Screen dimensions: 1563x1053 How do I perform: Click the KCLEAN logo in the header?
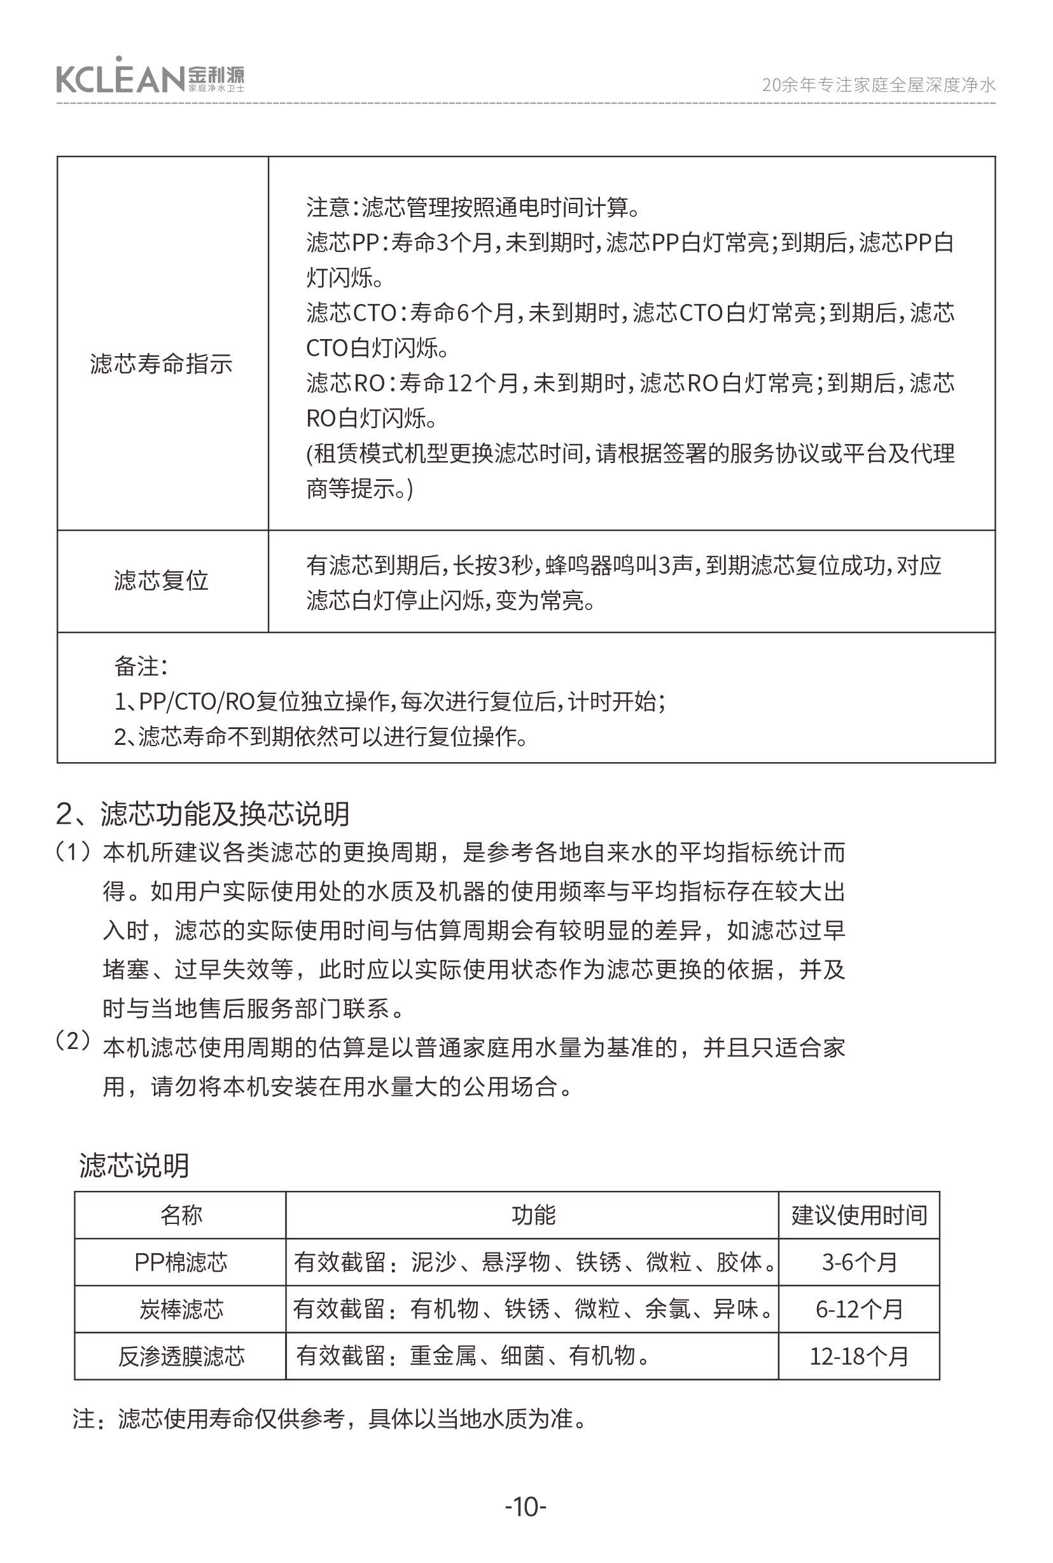point(150,77)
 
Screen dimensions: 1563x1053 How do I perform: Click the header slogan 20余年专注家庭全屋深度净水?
point(878,85)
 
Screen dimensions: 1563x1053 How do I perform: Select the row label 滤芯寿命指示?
point(161,363)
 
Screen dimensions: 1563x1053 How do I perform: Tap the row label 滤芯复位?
point(161,580)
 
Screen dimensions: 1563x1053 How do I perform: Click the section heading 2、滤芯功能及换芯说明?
point(202,814)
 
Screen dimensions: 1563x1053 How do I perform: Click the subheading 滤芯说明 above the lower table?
point(134,1165)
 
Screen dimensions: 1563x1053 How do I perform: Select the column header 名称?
point(181,1215)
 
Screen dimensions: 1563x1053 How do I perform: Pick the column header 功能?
point(533,1215)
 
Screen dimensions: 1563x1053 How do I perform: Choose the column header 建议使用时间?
point(859,1215)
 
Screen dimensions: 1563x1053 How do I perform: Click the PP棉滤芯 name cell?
point(181,1262)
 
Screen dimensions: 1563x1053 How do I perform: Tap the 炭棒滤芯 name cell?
point(181,1309)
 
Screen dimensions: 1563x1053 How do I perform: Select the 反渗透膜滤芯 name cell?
point(181,1356)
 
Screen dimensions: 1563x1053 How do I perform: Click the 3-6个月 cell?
point(859,1262)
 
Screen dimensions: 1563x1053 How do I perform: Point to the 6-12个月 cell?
point(859,1309)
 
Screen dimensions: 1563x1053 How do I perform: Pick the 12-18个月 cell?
point(859,1356)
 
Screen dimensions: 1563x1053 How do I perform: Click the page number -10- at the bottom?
point(526,1507)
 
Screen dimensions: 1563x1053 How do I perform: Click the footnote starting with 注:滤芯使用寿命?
point(330,1419)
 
